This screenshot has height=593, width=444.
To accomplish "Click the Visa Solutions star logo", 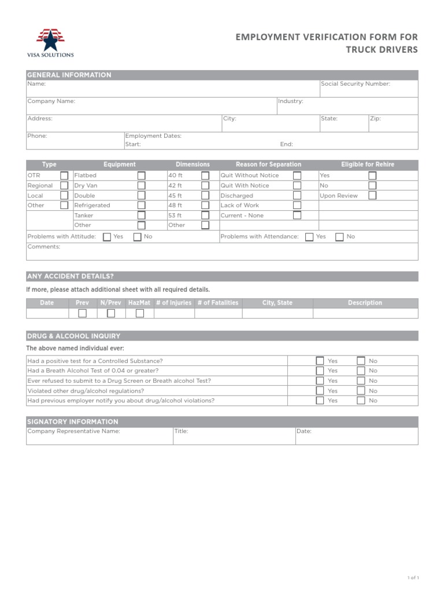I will pyautogui.click(x=50, y=40).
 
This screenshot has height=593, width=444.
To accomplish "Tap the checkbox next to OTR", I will pyautogui.click(x=64, y=175).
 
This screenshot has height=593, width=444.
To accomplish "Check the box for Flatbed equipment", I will pyautogui.click(x=141, y=175).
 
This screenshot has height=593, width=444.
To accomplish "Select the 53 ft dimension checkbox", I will pyautogui.click(x=205, y=215).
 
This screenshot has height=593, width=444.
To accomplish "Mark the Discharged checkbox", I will pyautogui.click(x=297, y=196).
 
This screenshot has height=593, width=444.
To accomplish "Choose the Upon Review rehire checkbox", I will pyautogui.click(x=372, y=196).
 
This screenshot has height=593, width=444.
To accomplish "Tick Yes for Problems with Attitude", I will pyautogui.click(x=107, y=237).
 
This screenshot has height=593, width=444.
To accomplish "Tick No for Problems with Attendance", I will pyautogui.click(x=339, y=237).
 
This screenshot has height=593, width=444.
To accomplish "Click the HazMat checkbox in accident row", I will pyautogui.click(x=139, y=313).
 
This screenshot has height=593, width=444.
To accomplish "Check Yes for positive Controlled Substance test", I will pyautogui.click(x=320, y=361).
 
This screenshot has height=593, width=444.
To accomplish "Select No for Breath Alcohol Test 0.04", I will pyautogui.click(x=361, y=371).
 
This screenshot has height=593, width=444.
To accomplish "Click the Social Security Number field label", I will pyautogui.click(x=356, y=84).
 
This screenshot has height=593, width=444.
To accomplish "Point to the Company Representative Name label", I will pyautogui.click(x=74, y=431).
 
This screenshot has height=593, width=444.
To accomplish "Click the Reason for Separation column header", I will pyautogui.click(x=268, y=164).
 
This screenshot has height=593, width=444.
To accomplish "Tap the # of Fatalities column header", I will pyautogui.click(x=217, y=303).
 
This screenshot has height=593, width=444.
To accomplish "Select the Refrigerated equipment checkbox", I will pyautogui.click(x=141, y=206).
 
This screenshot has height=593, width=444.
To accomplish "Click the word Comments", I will pyautogui.click(x=44, y=247).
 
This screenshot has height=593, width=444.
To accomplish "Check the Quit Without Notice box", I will pyautogui.click(x=297, y=175).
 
